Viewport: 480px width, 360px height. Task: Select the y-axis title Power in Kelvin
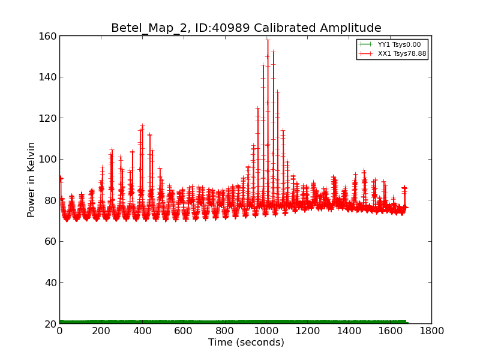click(x=31, y=179)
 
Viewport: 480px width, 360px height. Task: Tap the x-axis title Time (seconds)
click(x=246, y=343)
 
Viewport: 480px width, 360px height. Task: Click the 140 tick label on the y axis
click(x=49, y=77)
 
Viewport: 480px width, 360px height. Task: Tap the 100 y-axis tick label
click(x=49, y=159)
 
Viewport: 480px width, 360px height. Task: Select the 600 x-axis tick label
click(x=184, y=331)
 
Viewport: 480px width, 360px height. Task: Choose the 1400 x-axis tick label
click(x=349, y=331)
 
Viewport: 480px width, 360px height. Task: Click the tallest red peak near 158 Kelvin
click(x=268, y=40)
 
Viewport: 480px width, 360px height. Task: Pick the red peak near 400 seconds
click(x=142, y=125)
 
